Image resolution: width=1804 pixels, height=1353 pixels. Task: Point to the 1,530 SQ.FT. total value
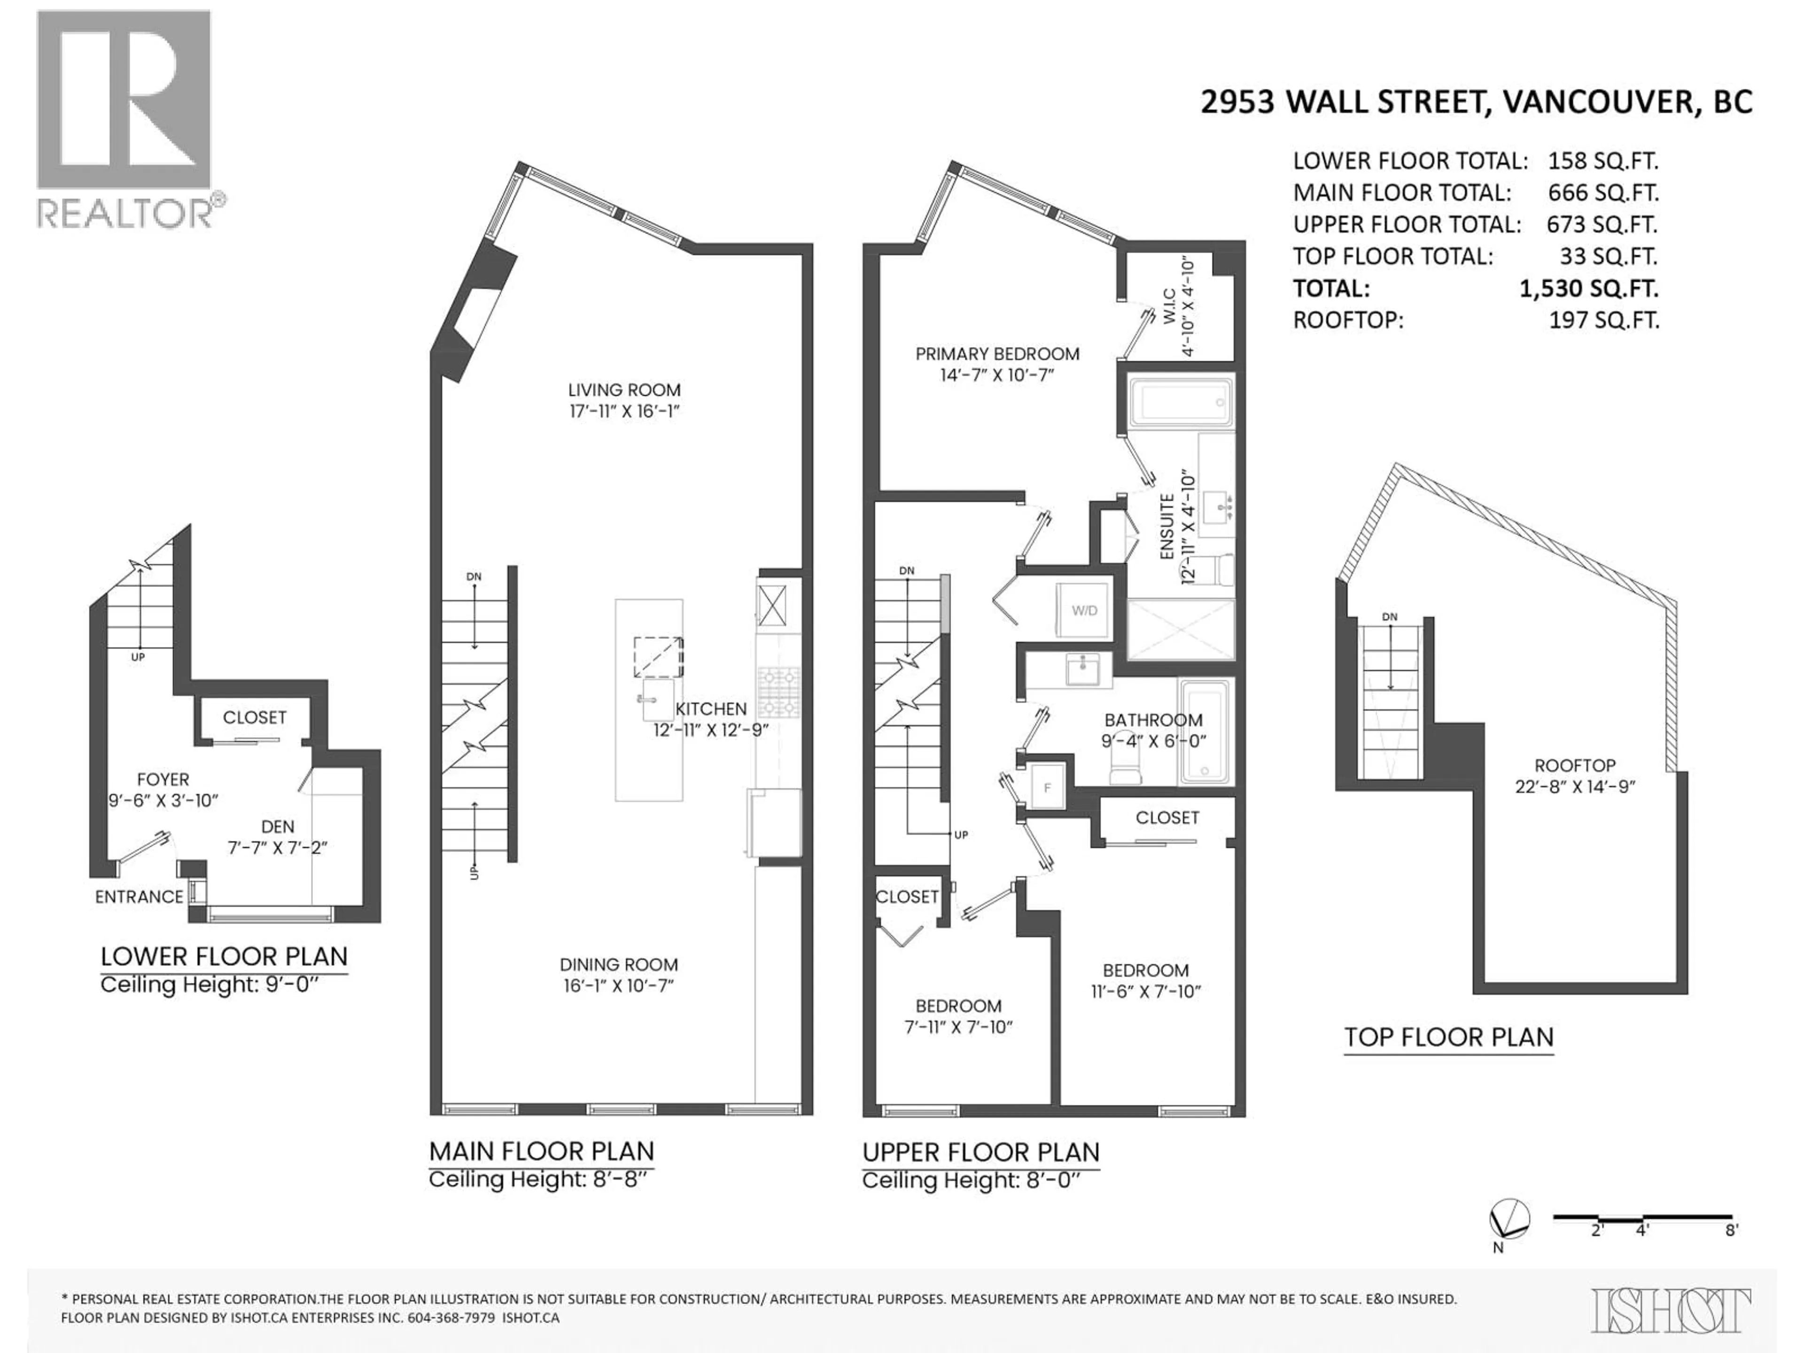(x=1589, y=288)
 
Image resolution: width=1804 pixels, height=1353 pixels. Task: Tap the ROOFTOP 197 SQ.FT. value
(x=1604, y=320)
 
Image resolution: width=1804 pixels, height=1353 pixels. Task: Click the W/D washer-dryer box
(x=1084, y=610)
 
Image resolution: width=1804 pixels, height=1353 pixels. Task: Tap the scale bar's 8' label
(x=1732, y=1252)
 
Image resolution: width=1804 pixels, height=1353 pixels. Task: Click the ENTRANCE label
(x=140, y=897)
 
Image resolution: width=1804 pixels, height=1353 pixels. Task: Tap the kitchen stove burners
(x=779, y=691)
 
